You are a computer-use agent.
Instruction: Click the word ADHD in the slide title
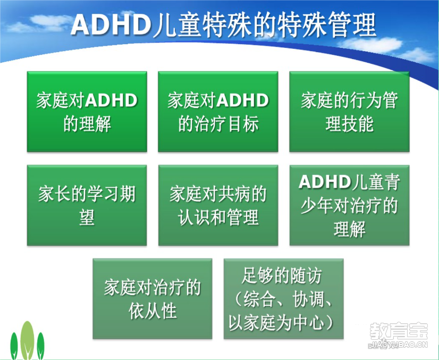(111, 25)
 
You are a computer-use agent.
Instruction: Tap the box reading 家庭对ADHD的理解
(87, 112)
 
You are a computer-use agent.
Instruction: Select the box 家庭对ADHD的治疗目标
(218, 112)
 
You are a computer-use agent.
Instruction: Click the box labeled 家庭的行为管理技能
(349, 112)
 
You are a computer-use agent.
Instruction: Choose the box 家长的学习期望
(87, 205)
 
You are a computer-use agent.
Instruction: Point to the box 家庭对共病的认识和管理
(218, 205)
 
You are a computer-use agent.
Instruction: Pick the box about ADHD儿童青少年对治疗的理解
(349, 205)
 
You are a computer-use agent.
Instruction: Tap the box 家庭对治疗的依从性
(153, 299)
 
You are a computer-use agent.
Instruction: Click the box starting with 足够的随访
(284, 299)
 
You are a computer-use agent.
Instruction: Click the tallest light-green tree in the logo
(28, 340)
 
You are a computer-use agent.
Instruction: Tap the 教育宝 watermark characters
(399, 332)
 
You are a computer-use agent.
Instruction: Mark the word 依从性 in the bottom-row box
(153, 311)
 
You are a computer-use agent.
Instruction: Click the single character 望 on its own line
(87, 217)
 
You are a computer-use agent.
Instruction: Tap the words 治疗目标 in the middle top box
(226, 124)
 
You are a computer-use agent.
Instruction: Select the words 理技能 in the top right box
(349, 124)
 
